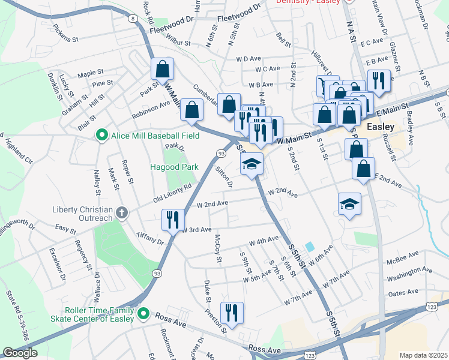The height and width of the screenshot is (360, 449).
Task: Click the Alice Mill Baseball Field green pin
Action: point(102,136)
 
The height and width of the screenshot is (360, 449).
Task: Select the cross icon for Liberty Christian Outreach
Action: point(121,212)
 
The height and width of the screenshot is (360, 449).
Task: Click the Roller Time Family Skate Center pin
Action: point(143,313)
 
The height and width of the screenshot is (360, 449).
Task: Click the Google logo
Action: point(20,353)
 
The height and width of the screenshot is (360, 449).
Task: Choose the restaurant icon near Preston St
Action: point(232,312)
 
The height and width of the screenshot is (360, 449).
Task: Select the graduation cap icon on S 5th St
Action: point(252,164)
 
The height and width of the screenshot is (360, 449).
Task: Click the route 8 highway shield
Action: point(131,19)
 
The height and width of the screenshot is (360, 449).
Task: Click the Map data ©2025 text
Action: point(423,355)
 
